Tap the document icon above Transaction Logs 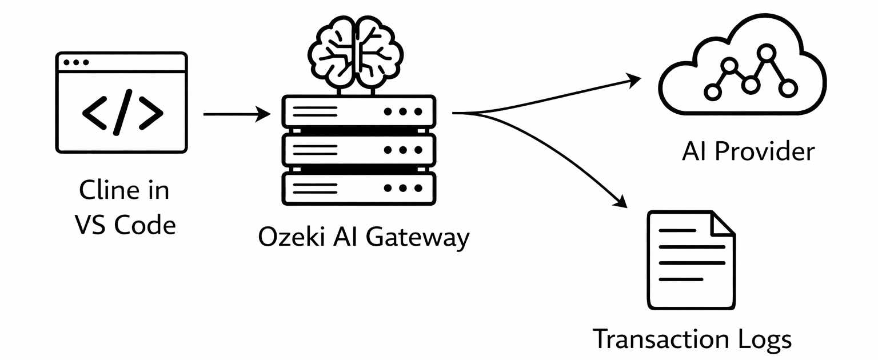(x=691, y=260)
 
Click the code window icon (x=122, y=103)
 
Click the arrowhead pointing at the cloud (x=634, y=80)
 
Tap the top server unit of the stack (x=359, y=111)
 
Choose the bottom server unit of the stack (x=359, y=188)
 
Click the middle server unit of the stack (x=359, y=150)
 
